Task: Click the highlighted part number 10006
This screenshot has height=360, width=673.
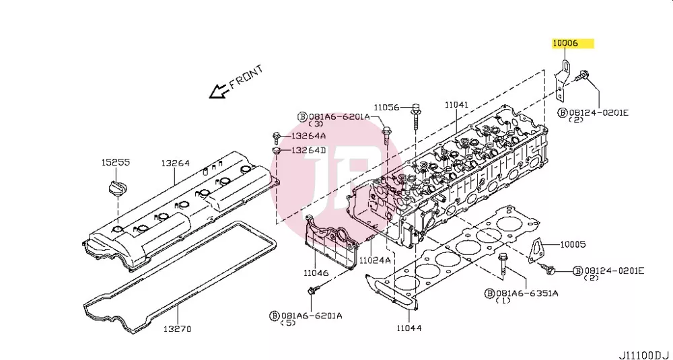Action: [565, 43]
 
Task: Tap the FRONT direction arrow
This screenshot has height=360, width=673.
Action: [218, 91]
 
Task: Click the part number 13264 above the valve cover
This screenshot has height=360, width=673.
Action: [176, 164]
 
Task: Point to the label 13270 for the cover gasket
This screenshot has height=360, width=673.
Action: [177, 329]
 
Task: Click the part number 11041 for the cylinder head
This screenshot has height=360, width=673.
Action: [456, 105]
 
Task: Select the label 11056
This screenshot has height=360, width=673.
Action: [386, 107]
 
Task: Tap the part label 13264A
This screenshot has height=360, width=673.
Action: [309, 136]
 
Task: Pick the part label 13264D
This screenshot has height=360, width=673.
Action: [309, 150]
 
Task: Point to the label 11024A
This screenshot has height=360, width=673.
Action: [375, 260]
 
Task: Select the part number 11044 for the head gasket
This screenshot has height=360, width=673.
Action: [409, 328]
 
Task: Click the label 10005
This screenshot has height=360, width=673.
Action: [573, 244]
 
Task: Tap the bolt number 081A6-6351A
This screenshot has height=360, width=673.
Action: [527, 293]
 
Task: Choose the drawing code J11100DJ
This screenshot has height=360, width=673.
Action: [644, 355]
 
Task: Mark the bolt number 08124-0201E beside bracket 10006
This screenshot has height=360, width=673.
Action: [599, 112]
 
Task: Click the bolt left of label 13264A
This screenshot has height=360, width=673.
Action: [277, 137]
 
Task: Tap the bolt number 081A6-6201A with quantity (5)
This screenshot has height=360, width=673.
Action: [312, 316]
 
